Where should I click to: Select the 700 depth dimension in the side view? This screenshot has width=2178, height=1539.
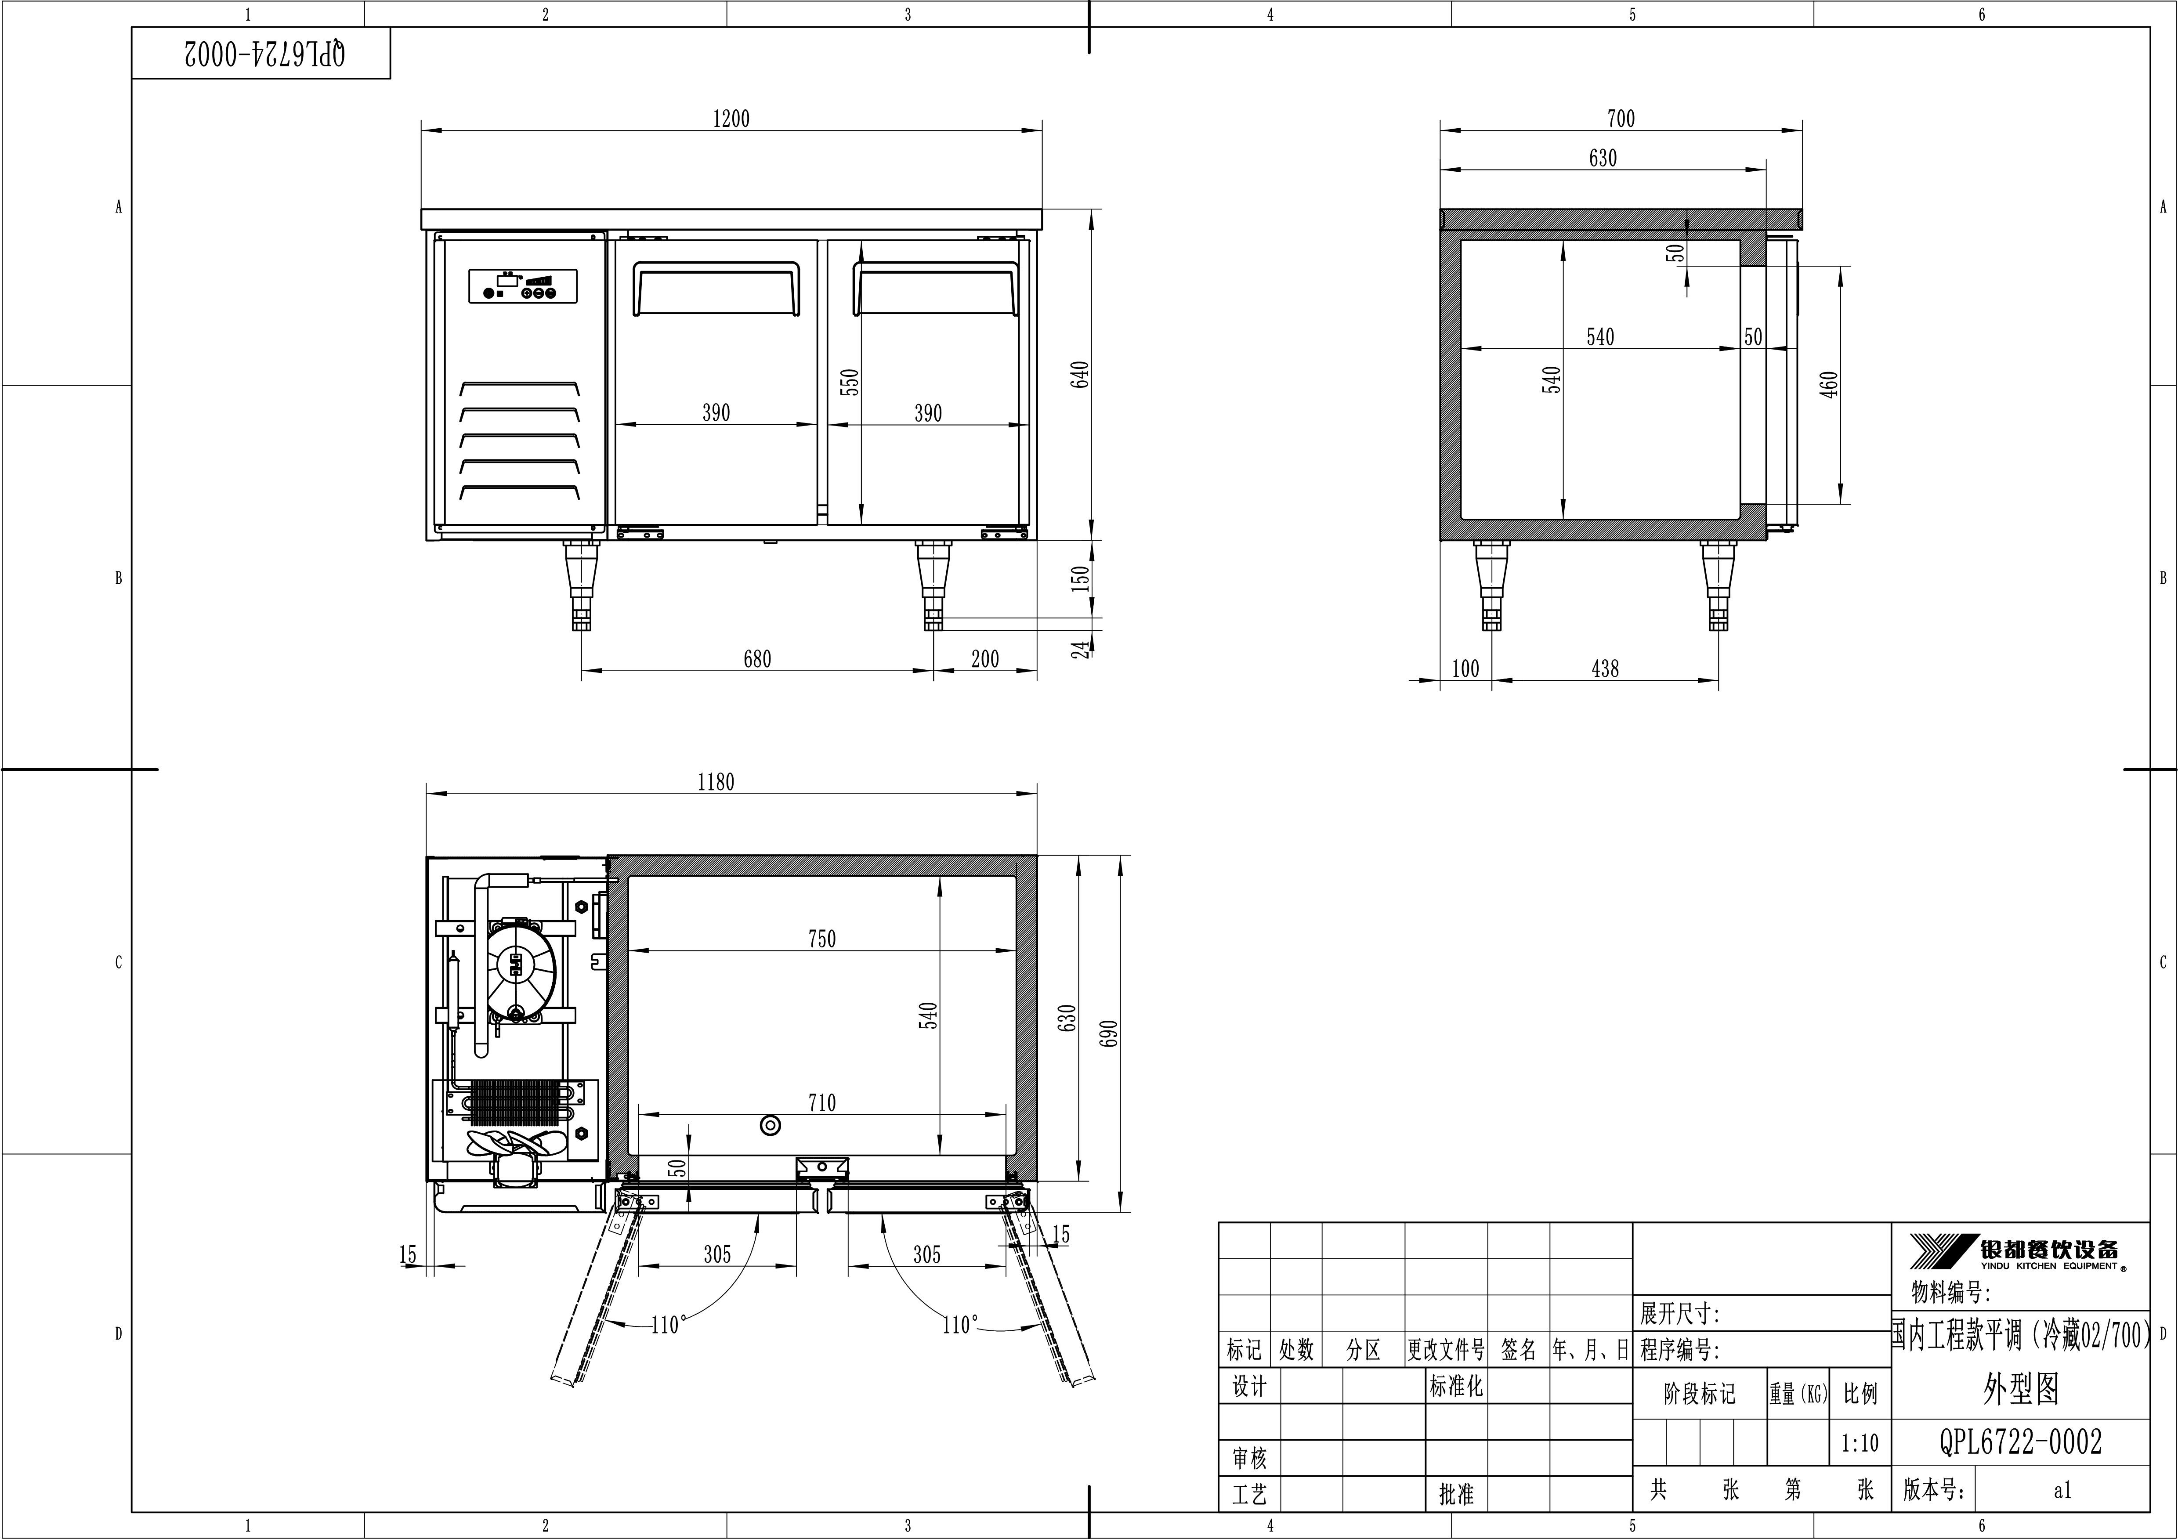1620,119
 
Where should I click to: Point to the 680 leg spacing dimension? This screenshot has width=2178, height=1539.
757,658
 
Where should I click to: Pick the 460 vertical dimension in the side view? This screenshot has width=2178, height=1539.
1829,384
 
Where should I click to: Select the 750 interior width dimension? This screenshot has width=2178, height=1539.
821,939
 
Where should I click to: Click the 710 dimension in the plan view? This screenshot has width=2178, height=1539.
821,1103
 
